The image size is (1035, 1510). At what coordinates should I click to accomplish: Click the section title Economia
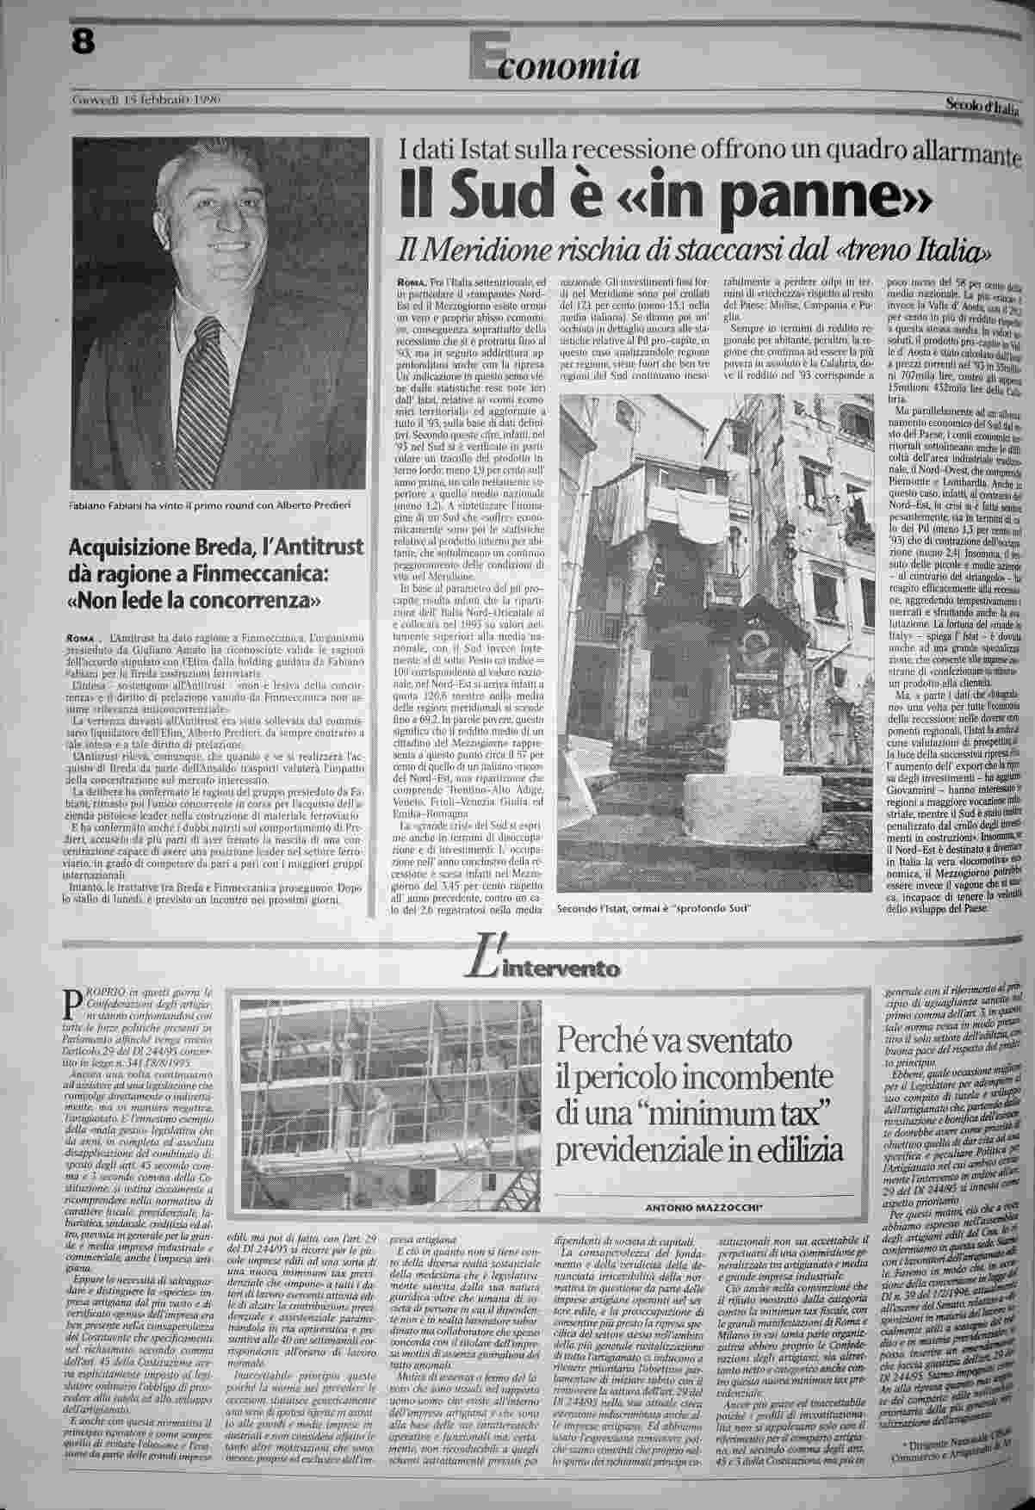click(x=555, y=64)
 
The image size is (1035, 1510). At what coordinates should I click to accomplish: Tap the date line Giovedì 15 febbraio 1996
click(x=146, y=100)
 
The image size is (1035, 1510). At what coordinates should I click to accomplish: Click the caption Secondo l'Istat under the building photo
click(x=654, y=910)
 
